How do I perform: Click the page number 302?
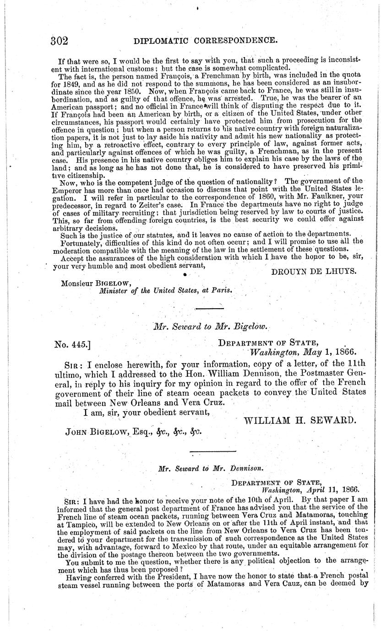(59, 41)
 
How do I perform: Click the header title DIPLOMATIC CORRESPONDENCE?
(205, 41)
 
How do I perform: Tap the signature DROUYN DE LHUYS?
(314, 272)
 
